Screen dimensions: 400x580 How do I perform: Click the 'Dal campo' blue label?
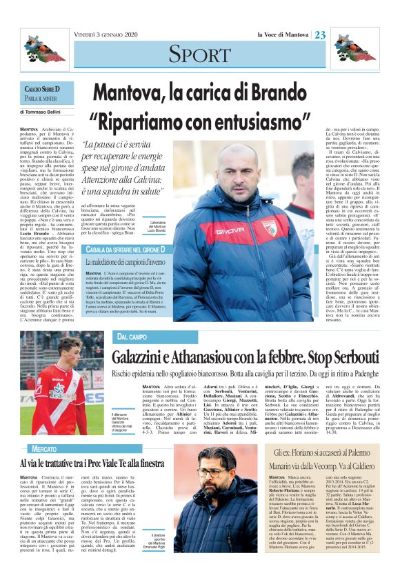coord(132,337)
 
